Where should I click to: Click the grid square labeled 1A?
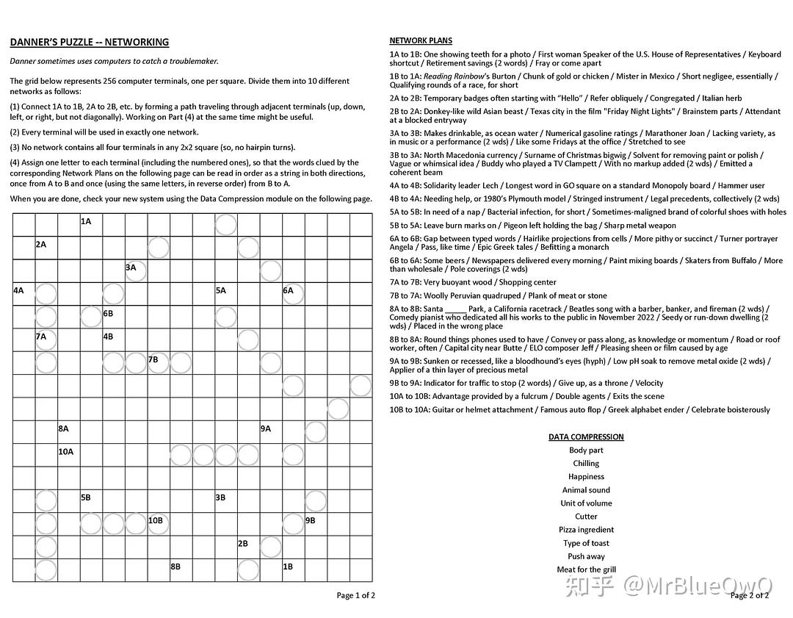click(91, 225)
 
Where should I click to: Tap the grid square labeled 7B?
click(159, 363)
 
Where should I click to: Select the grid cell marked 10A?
click(68, 455)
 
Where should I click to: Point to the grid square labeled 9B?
click(316, 524)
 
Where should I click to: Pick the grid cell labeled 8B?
click(181, 570)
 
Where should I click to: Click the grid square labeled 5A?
click(226, 294)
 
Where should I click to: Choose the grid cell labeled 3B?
click(226, 501)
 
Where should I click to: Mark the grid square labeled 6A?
click(294, 294)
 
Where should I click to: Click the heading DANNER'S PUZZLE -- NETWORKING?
click(90, 42)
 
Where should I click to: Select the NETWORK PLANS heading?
click(421, 40)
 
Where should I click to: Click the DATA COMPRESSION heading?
click(586, 436)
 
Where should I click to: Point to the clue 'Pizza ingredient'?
click(586, 530)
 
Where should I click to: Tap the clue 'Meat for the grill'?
click(586, 570)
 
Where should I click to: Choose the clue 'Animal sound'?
click(586, 490)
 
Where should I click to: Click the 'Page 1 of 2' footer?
click(355, 595)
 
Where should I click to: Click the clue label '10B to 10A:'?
click(410, 409)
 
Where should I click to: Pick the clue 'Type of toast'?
click(586, 543)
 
